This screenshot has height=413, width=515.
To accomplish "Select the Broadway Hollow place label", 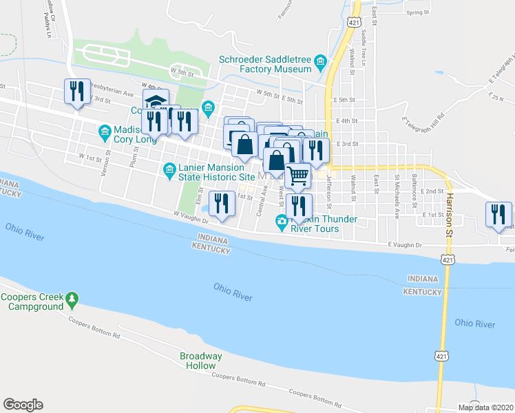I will (x=201, y=361).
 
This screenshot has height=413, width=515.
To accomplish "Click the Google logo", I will (x=23, y=405).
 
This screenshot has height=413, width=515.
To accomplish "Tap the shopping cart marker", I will (x=297, y=176).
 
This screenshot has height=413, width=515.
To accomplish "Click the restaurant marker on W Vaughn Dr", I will (x=220, y=204).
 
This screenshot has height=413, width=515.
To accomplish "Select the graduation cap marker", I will (x=156, y=100).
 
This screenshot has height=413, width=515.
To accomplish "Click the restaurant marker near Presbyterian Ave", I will (x=76, y=91).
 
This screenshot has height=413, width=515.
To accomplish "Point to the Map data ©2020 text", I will (x=485, y=407).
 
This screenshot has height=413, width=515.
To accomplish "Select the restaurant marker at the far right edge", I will (x=498, y=213).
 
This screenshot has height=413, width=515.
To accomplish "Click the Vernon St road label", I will (x=107, y=162).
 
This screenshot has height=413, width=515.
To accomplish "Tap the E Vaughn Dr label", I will (x=404, y=244).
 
